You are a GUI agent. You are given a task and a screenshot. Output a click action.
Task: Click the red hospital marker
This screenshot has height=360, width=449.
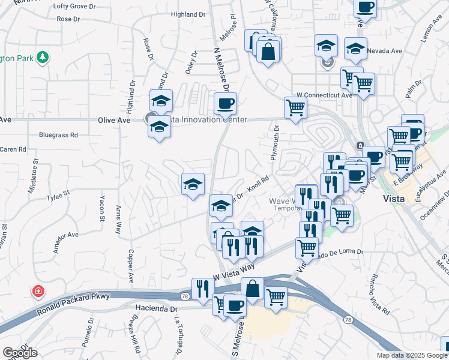tap(38, 291)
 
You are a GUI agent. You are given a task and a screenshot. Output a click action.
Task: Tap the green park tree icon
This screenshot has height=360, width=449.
tap(42, 58)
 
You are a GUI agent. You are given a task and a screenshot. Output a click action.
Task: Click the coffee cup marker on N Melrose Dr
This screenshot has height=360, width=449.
tap(226, 103)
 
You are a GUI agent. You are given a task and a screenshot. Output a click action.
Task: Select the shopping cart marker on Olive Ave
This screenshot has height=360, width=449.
tap(295, 108)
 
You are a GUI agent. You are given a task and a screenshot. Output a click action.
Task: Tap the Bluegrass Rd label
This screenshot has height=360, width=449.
tap(59, 135)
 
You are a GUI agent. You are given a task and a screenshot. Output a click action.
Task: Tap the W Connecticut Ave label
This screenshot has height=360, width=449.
tap(325, 95)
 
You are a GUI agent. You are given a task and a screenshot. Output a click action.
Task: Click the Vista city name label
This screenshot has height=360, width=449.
tap(396, 198)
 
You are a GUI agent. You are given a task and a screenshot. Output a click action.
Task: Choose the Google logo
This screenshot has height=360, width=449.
tap(20, 352)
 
